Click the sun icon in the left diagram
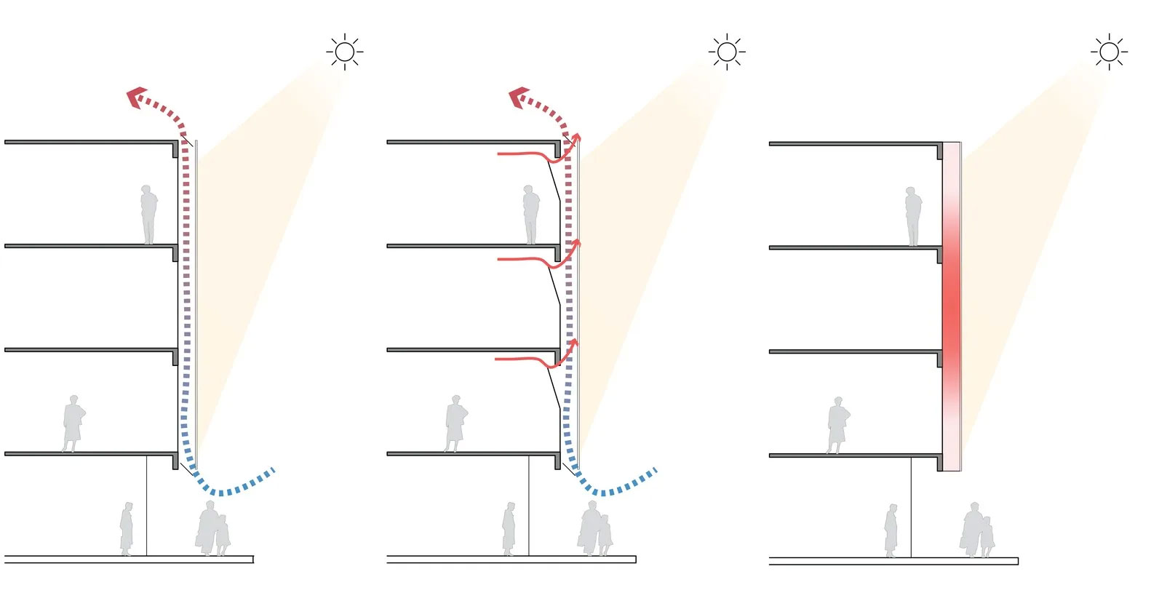[345, 52]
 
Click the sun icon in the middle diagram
[726, 52]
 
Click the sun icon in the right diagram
[1109, 52]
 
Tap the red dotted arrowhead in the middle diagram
[517, 97]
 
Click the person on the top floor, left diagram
[148, 214]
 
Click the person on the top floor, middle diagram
[530, 214]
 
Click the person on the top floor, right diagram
[912, 216]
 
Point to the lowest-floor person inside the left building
[73, 423]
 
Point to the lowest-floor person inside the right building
[837, 426]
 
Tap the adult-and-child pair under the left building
[212, 529]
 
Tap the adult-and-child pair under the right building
[976, 531]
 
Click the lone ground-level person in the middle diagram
[509, 529]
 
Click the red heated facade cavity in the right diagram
[952, 306]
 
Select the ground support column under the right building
[911, 507]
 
